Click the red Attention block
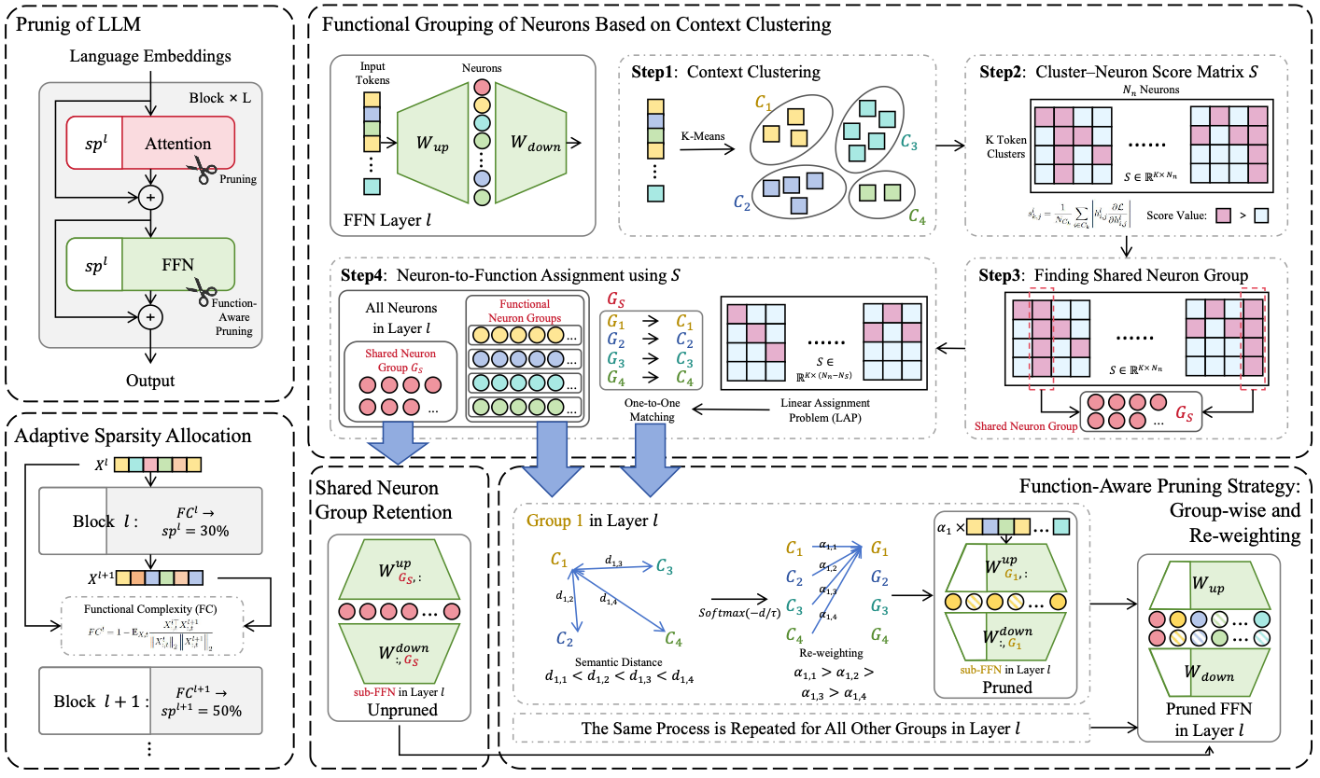tap(177, 144)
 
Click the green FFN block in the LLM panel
tap(177, 264)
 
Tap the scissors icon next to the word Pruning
tap(204, 168)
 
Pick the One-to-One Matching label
tap(644, 410)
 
